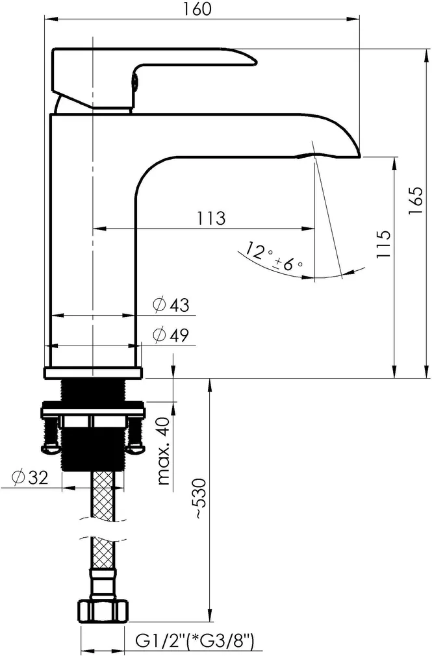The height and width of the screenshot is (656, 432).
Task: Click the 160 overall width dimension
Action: pyautogui.click(x=197, y=9)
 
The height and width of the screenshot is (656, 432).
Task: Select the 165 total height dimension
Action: pyautogui.click(x=416, y=201)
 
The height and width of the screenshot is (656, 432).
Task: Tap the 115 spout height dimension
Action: pyautogui.click(x=383, y=244)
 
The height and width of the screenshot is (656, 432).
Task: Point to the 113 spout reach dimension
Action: pyautogui.click(x=211, y=218)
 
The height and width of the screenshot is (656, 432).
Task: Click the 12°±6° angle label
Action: pyautogui.click(x=273, y=256)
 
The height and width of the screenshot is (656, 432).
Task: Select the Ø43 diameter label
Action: pyautogui.click(x=172, y=305)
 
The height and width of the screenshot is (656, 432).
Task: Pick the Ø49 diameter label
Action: pyautogui.click(x=172, y=334)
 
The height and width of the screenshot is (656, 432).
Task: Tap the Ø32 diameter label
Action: pyautogui.click(x=30, y=477)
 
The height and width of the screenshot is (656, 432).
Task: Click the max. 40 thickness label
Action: pyautogui.click(x=164, y=451)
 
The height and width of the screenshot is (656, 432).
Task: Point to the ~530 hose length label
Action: pyautogui.click(x=199, y=498)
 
